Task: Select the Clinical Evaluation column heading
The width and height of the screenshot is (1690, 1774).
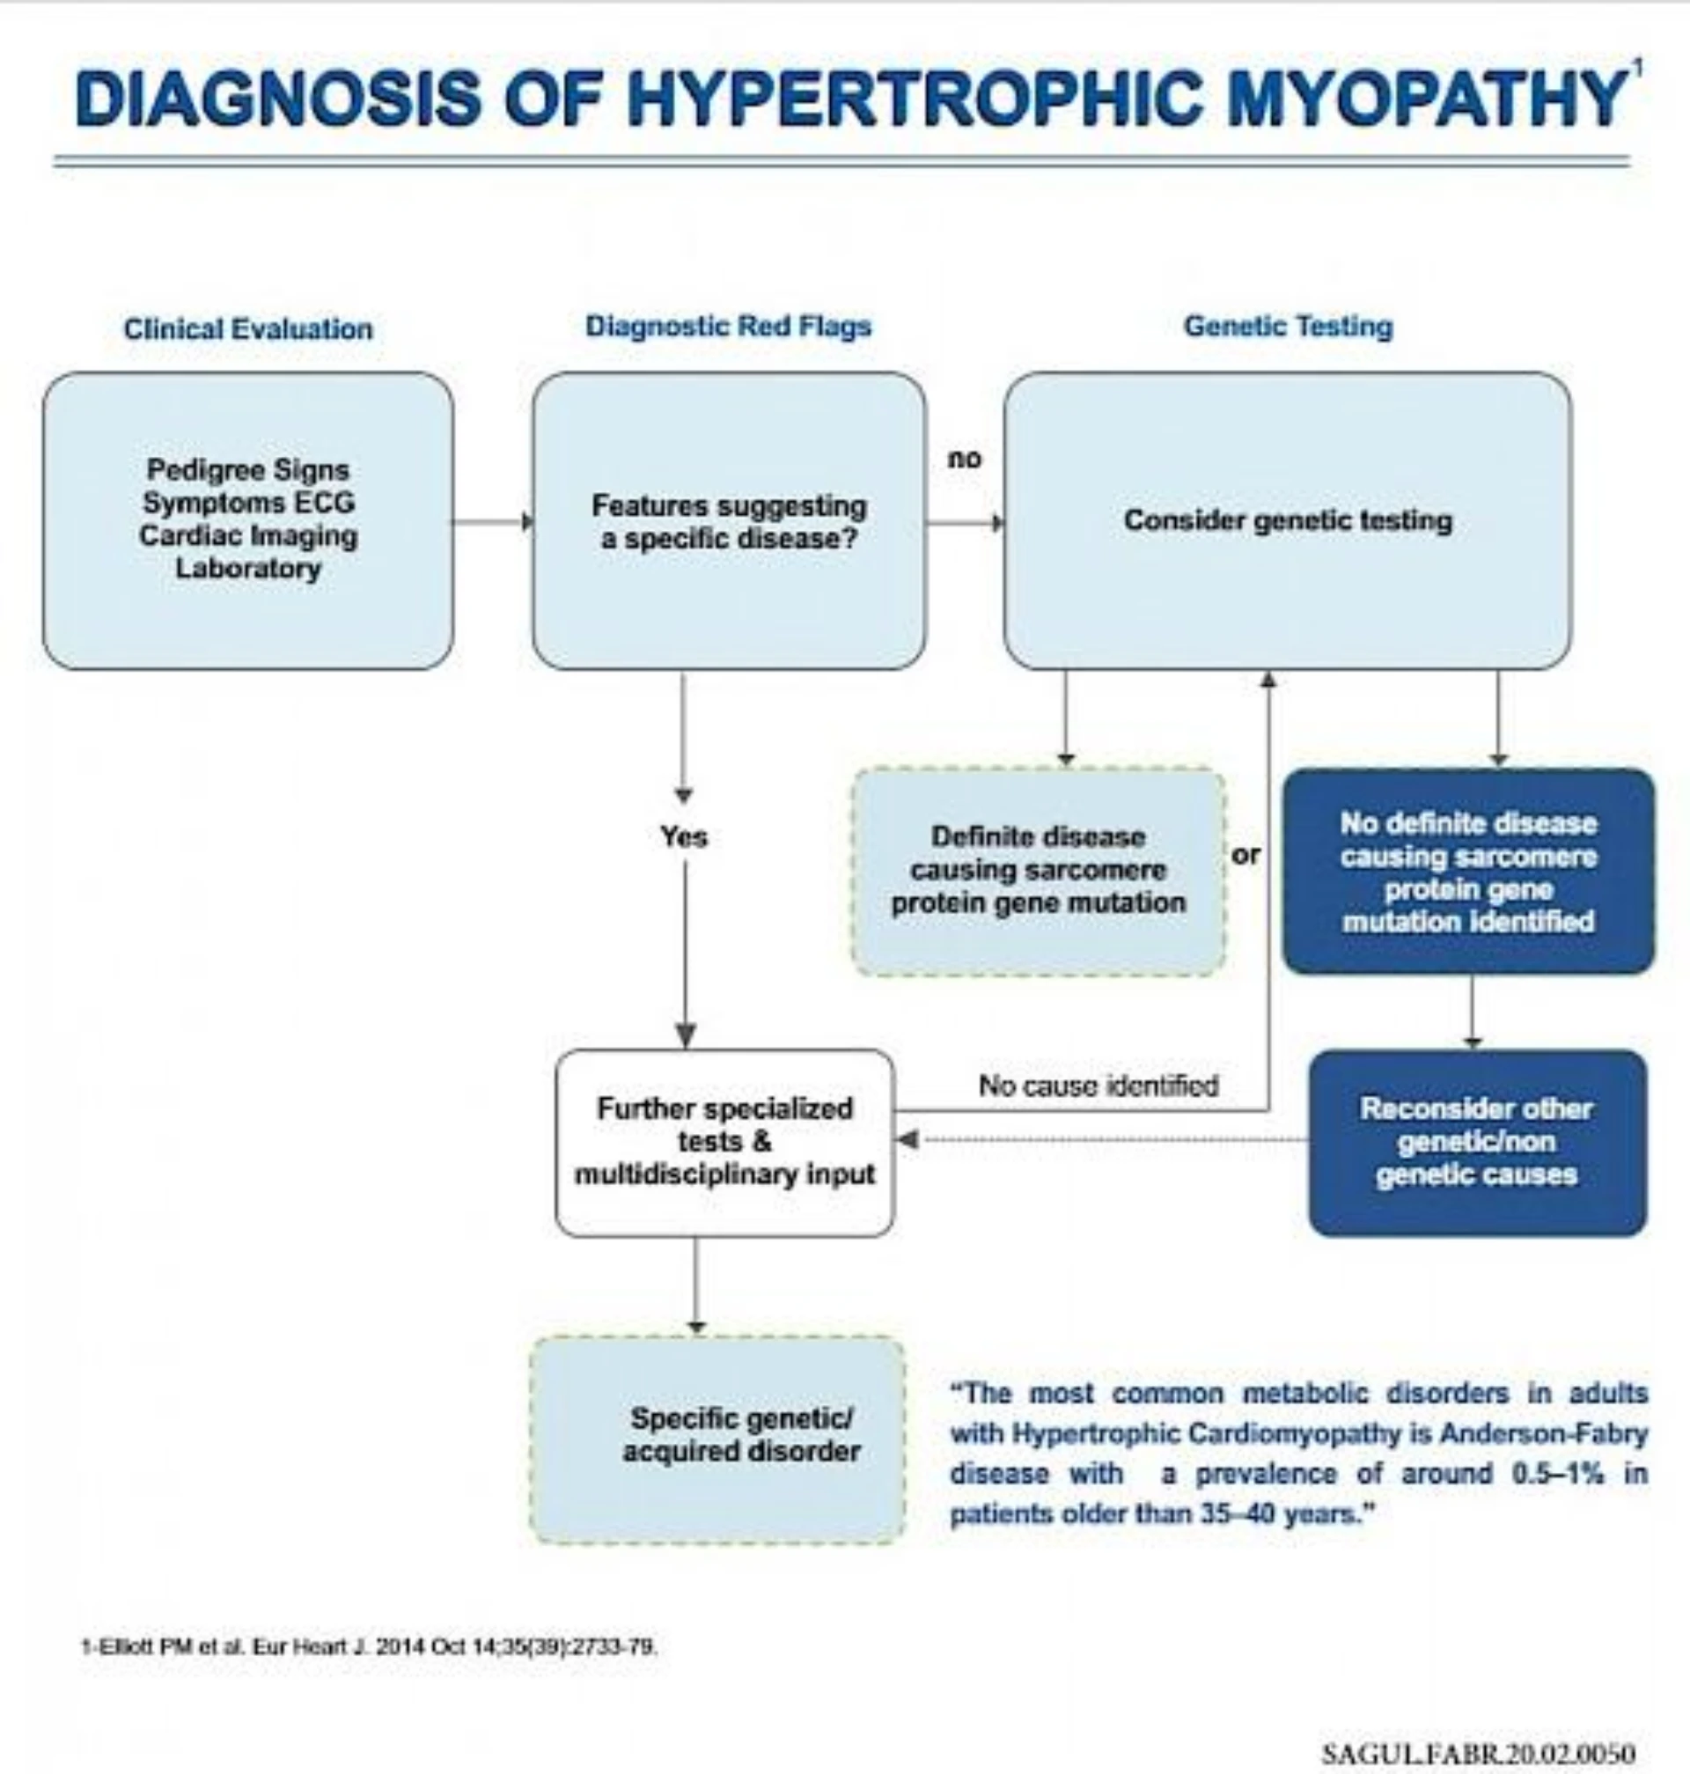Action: pos(247,329)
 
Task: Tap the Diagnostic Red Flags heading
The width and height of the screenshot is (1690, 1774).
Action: pos(728,326)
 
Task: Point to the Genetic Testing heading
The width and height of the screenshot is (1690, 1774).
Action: pos(1288,326)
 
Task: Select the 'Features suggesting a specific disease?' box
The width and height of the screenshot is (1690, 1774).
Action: pos(728,522)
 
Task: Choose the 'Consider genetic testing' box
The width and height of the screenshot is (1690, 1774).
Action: pos(1288,521)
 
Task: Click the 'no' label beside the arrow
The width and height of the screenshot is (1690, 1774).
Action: pos(964,459)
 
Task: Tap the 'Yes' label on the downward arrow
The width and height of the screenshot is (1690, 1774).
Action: pos(684,837)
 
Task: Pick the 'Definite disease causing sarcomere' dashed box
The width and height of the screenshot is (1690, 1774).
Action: pos(1038,871)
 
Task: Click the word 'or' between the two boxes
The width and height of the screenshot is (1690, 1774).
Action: pos(1245,854)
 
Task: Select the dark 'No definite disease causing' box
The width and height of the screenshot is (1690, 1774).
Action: pos(1467,872)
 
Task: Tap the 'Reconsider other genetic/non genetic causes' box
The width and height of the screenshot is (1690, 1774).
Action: pos(1476,1142)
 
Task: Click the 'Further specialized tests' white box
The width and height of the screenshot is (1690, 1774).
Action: pos(724,1142)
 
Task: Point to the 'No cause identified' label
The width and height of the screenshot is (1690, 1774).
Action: pos(1098,1085)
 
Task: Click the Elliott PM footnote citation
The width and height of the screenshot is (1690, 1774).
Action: pos(370,1647)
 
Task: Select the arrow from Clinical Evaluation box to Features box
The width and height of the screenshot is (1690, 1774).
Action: pos(492,522)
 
